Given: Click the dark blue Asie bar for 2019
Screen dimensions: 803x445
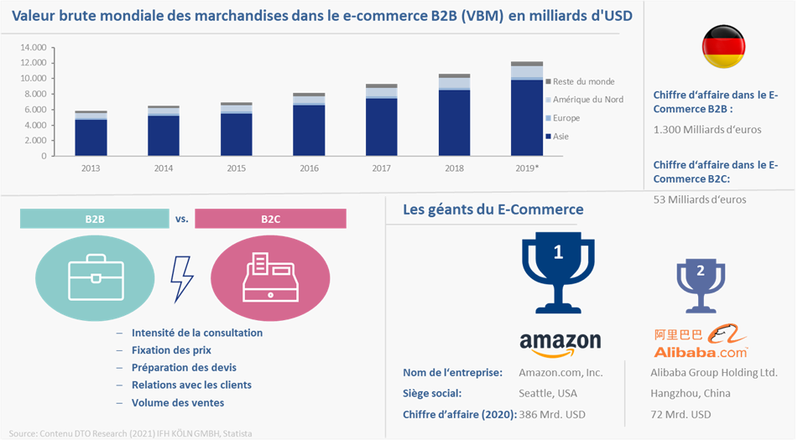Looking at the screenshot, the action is [526, 117].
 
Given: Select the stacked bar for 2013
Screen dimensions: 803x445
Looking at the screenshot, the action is [91, 133].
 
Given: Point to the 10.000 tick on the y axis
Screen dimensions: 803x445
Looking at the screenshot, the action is [34, 78].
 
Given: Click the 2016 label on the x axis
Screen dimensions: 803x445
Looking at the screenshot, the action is [309, 168].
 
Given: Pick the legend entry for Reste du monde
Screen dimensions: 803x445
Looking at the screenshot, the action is [580, 81].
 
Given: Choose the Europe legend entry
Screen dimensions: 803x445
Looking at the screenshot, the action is [563, 118].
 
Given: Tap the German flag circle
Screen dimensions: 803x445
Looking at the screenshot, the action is [723, 47].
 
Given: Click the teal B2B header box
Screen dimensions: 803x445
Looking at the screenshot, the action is [95, 219].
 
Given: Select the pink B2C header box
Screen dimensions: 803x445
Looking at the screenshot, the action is [270, 219].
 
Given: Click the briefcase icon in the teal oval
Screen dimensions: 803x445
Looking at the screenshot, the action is [96, 277].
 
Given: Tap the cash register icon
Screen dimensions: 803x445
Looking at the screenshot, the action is [270, 277].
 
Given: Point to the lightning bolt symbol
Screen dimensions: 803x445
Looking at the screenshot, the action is [182, 279].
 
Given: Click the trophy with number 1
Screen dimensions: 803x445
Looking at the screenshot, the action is [558, 272].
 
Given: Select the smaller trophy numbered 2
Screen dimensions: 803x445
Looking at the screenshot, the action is [701, 286].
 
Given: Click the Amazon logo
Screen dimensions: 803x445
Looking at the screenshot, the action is [561, 344].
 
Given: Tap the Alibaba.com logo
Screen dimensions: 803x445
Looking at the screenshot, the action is [701, 340].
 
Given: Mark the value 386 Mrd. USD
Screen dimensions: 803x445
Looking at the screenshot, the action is [552, 415].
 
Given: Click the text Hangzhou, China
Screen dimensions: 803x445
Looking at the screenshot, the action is [691, 393].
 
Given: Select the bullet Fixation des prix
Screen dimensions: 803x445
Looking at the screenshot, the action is [171, 350].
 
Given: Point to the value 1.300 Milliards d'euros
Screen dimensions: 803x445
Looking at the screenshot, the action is [707, 130].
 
